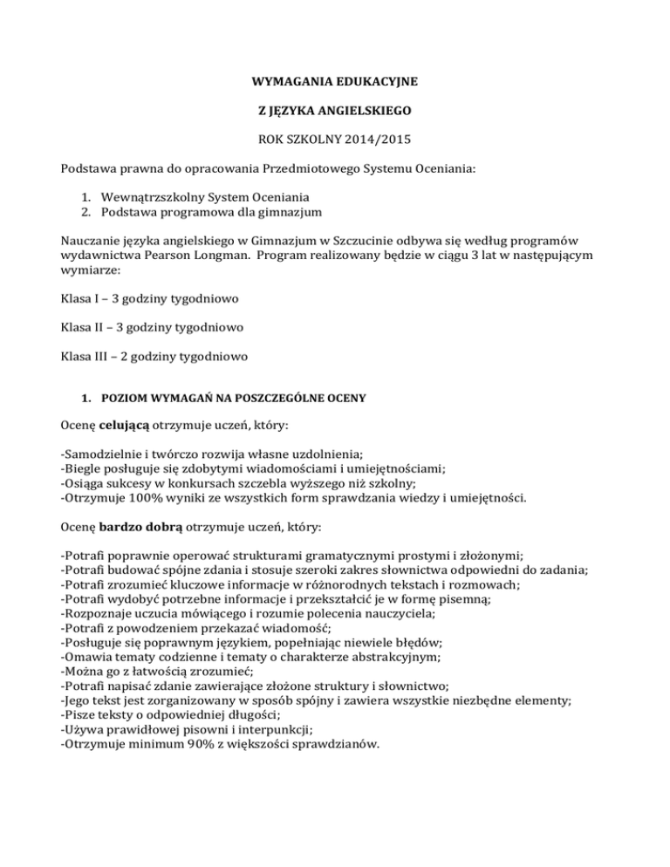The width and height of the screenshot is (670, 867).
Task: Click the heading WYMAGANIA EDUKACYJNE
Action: point(334,83)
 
